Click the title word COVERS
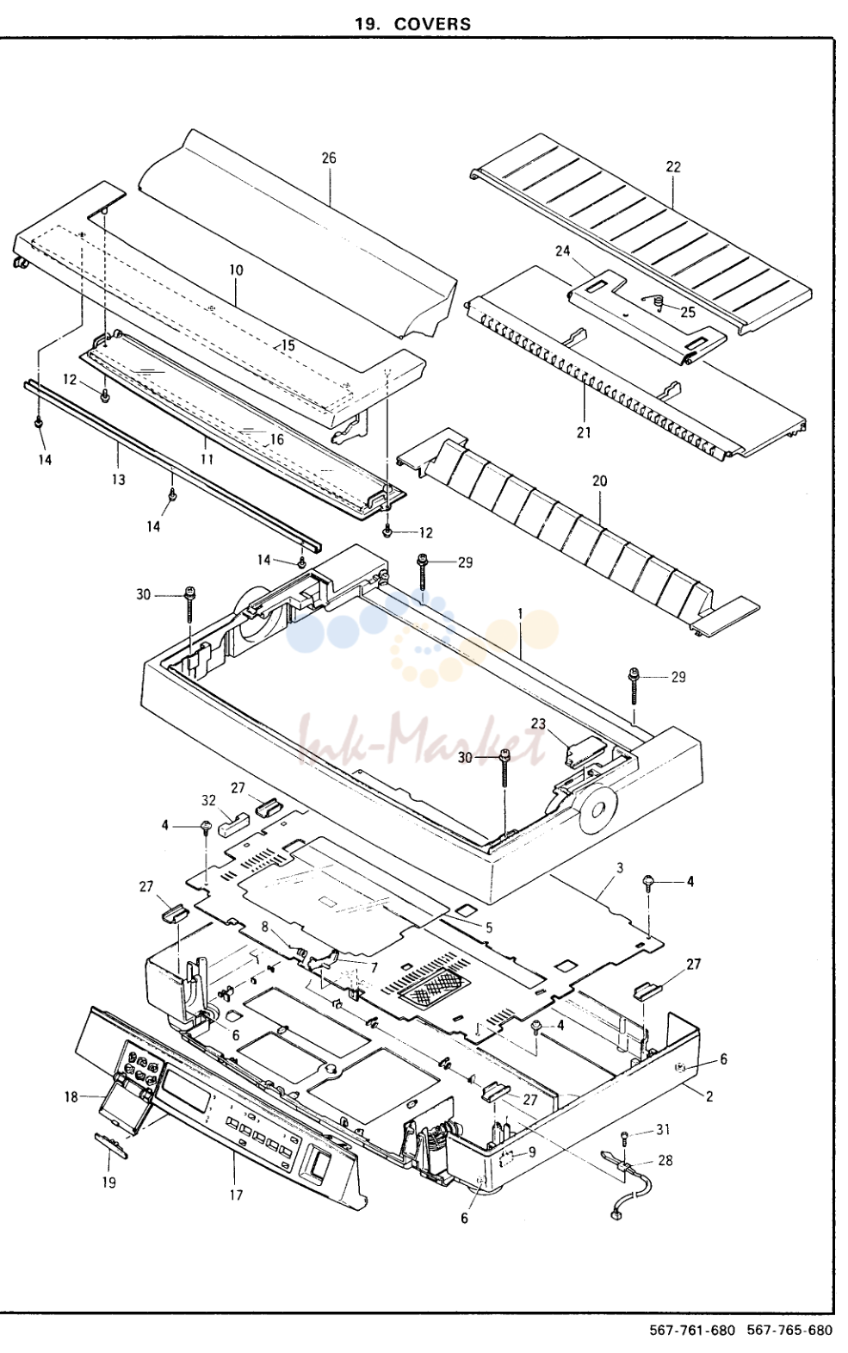pyautogui.click(x=432, y=23)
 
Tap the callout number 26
pyautogui.click(x=329, y=158)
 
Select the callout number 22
pyautogui.click(x=673, y=167)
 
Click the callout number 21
pyautogui.click(x=584, y=432)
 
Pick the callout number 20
pyautogui.click(x=600, y=481)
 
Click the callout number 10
pyautogui.click(x=236, y=270)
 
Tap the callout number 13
pyautogui.click(x=119, y=480)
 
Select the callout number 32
pyautogui.click(x=209, y=800)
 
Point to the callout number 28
pyautogui.click(x=665, y=1160)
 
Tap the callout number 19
pyautogui.click(x=108, y=1182)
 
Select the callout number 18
pyautogui.click(x=71, y=1096)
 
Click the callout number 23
pyautogui.click(x=538, y=723)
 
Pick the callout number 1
pyautogui.click(x=519, y=612)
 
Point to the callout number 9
pyautogui.click(x=532, y=1151)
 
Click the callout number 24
pyautogui.click(x=563, y=250)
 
